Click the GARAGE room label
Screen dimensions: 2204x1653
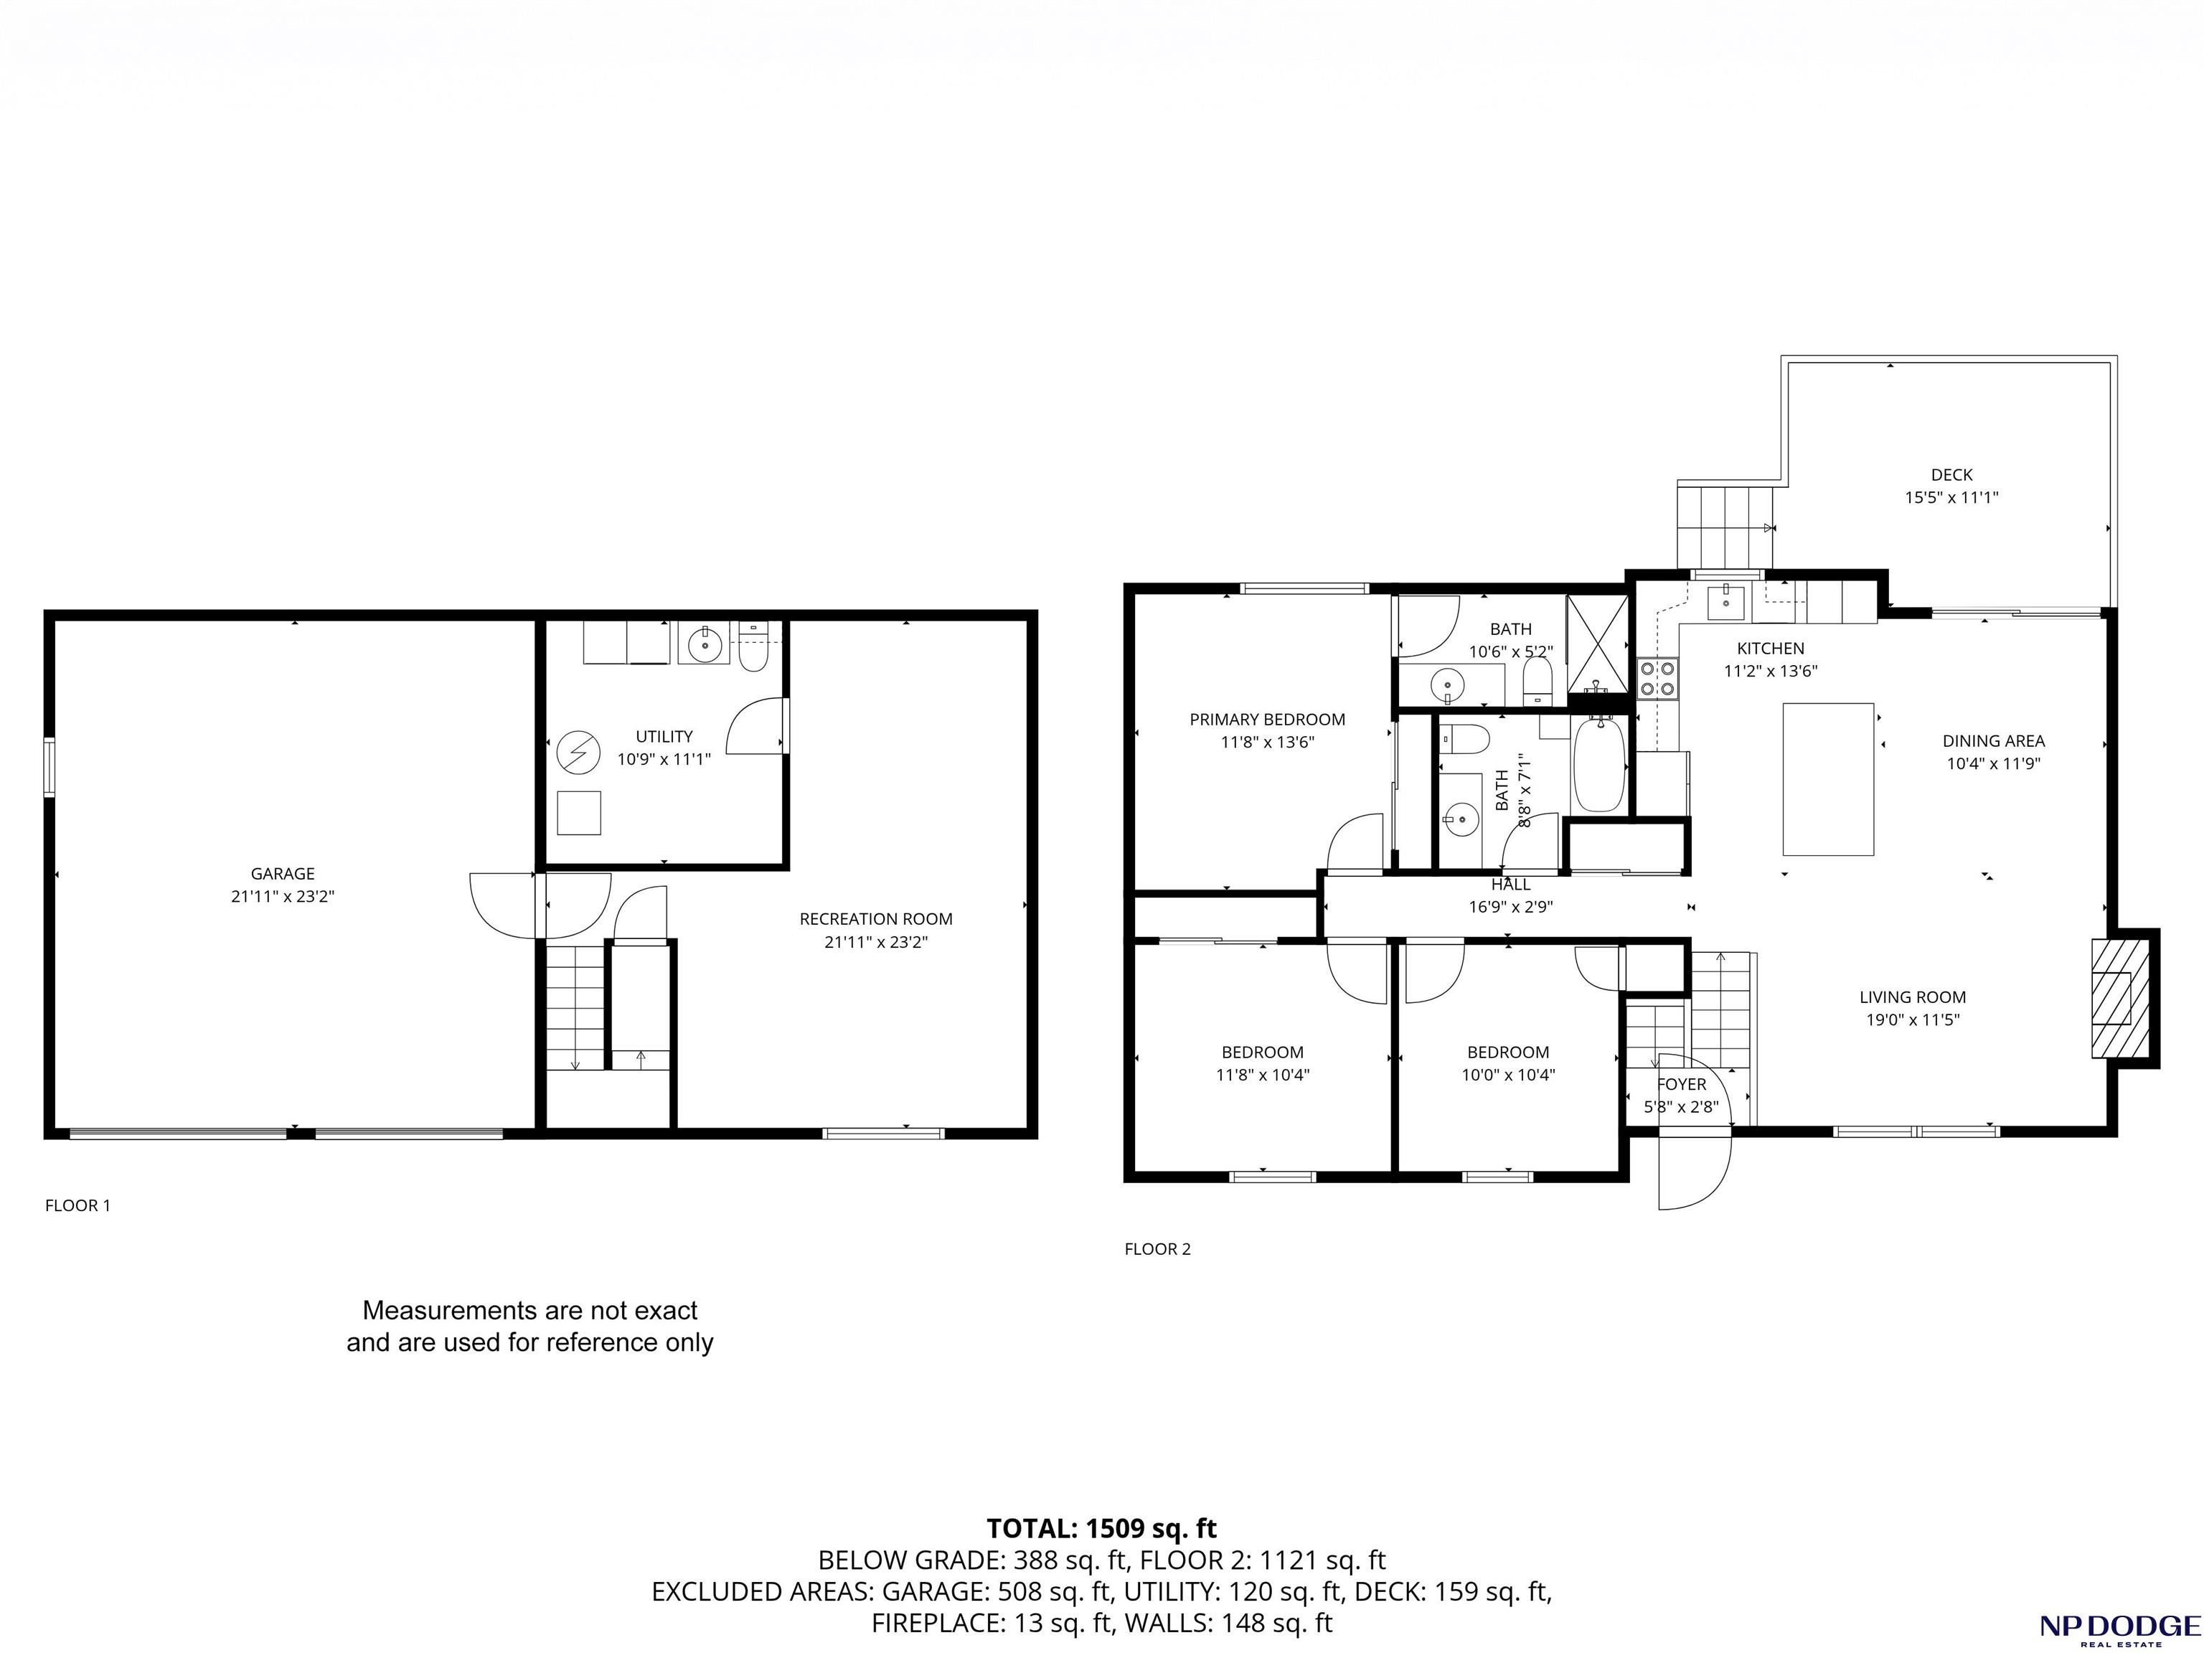click(283, 874)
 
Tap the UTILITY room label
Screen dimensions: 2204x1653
click(664, 736)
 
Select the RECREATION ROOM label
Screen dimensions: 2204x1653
click(876, 918)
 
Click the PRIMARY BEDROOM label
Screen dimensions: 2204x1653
click(1268, 720)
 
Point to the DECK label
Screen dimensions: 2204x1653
click(1951, 475)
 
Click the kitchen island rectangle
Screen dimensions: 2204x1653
click(1828, 779)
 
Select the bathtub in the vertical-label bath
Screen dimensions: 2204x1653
click(1599, 764)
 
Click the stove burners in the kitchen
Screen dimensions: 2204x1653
click(1658, 679)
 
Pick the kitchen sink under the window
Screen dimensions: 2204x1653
click(1725, 602)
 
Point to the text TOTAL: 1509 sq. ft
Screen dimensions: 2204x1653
click(1102, 1528)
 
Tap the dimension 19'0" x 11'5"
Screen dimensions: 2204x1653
click(1913, 1019)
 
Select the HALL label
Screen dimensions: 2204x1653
click(1510, 885)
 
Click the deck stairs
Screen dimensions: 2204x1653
click(1725, 525)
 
